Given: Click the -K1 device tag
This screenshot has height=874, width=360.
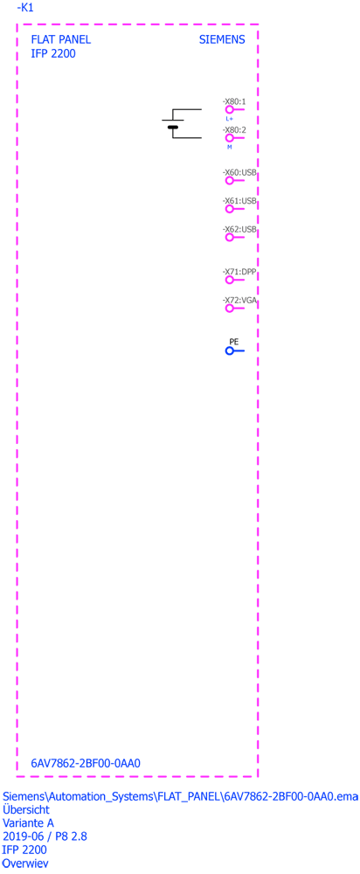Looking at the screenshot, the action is point(25,8).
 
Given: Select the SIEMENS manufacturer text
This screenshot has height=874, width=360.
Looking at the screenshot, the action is point(222,40).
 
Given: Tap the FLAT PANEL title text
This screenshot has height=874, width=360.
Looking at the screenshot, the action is point(61,40).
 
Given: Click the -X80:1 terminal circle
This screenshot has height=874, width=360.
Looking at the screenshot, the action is point(229,110).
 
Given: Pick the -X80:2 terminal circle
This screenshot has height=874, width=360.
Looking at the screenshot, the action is point(229,138).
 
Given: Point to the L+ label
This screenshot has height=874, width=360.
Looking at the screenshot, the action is point(229,119).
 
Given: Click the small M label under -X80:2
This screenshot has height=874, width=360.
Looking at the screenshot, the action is point(229,147).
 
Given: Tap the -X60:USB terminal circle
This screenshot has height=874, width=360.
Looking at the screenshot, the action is point(229,181).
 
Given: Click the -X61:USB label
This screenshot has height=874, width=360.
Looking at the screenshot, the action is point(239,201).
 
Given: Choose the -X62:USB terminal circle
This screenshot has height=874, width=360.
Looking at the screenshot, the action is point(229,238).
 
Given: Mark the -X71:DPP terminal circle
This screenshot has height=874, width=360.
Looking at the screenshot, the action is point(229,280).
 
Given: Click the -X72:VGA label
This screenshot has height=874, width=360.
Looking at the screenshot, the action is point(239,300).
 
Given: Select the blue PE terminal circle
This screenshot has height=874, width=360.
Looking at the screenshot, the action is point(229,350).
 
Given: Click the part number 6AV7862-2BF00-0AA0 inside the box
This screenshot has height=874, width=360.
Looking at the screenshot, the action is point(86,763).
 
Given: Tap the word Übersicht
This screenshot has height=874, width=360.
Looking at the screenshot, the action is point(26,808).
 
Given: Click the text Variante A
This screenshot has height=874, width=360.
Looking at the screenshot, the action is point(29,822).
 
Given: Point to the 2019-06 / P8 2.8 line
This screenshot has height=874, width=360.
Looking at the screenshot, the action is point(45,836).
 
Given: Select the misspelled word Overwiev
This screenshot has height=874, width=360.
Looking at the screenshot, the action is point(25,864).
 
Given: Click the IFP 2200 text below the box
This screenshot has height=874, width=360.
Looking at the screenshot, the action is point(25,850).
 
